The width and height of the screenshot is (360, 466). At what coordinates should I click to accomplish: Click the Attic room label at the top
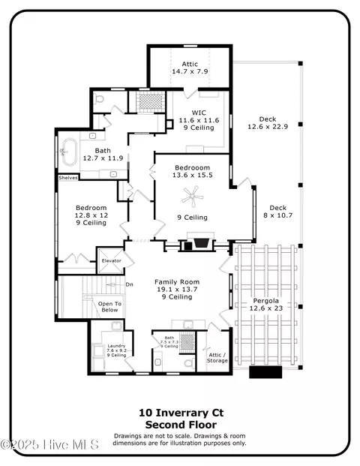tap(190, 64)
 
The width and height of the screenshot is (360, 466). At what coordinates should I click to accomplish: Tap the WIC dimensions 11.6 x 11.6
tap(199, 120)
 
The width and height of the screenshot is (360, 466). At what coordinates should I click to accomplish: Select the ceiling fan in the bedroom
tap(193, 197)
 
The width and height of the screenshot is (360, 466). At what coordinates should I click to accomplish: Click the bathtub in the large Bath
tap(69, 152)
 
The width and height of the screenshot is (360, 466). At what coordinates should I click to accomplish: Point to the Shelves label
tap(68, 178)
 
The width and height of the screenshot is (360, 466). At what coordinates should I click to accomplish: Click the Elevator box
tap(111, 260)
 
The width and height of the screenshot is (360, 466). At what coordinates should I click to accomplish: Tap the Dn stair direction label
tap(129, 284)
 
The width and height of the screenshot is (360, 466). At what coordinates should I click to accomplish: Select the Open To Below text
tap(109, 307)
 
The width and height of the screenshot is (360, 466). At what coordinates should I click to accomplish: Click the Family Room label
tap(177, 281)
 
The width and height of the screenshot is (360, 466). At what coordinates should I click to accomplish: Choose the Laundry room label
tap(116, 346)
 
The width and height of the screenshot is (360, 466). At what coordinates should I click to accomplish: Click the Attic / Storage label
tap(217, 358)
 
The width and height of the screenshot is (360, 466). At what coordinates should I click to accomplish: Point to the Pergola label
tap(265, 301)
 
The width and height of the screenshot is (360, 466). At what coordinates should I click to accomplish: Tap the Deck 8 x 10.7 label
tap(278, 212)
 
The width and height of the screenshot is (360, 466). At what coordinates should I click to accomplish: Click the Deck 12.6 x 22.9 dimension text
tap(268, 127)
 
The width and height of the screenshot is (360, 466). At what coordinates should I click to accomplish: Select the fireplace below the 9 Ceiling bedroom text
tap(200, 242)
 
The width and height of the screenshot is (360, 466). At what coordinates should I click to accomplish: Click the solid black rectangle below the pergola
tap(265, 372)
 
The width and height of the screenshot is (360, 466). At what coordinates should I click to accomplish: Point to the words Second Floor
tap(181, 425)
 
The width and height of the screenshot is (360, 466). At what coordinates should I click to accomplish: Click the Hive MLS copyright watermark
tap(49, 444)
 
